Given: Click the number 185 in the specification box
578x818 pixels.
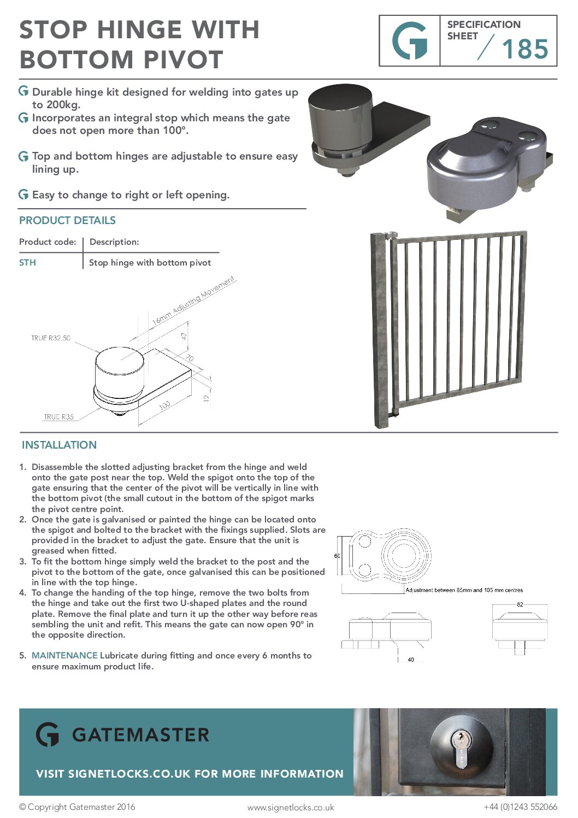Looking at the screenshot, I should coord(524,49).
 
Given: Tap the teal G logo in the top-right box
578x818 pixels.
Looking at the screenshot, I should coord(410,41).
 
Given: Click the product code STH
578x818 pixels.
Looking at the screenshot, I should coord(27,262).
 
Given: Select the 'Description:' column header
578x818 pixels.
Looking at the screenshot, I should coord(114,242).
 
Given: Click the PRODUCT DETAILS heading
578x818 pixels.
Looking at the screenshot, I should coord(67,220).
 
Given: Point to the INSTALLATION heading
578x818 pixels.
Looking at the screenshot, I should coord(59,445).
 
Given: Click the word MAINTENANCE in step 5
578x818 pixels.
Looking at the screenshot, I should coord(64,655).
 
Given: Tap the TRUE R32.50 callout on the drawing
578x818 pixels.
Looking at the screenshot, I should coord(51,338).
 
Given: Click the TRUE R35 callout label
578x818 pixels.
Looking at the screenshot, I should coord(58,417).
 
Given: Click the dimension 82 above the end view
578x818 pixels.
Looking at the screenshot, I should coord(520,604).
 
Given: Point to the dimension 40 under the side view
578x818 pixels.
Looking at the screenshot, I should coord(411,660).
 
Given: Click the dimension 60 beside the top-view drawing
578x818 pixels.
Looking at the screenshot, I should coord(337,556).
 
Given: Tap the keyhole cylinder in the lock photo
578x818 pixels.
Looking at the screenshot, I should coord(462,748).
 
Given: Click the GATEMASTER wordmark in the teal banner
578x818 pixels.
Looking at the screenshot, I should coord(140,735).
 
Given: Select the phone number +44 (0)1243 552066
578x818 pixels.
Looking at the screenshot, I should coord(520,807).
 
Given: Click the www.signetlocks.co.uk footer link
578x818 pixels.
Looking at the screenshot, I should coord(290,807).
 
